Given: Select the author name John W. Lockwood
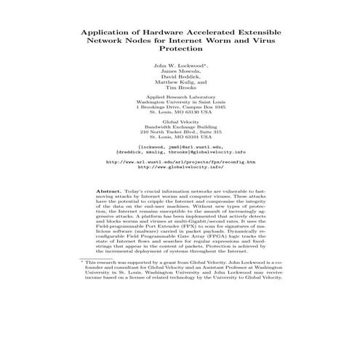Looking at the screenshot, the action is click(x=179, y=66).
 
